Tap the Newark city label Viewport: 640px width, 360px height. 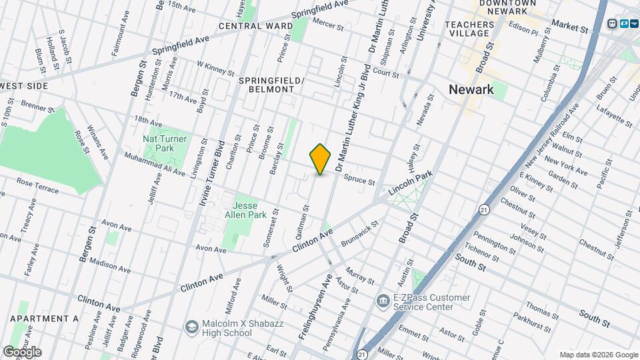pos(471,90)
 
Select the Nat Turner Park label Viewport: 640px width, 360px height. pos(165,143)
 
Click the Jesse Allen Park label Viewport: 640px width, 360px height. pos(249,210)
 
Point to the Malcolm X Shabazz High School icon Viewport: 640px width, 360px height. pos(192,326)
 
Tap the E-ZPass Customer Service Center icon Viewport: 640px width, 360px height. pos(383,301)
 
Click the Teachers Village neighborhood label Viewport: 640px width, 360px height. pos(471,29)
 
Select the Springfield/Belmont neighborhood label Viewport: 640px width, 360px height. pos(271,85)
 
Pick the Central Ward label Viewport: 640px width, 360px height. pos(256,26)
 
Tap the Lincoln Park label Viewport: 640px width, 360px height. pos(411,181)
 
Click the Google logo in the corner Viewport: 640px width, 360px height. pos(22,351)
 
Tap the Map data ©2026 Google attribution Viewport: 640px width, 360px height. pos(599,355)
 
